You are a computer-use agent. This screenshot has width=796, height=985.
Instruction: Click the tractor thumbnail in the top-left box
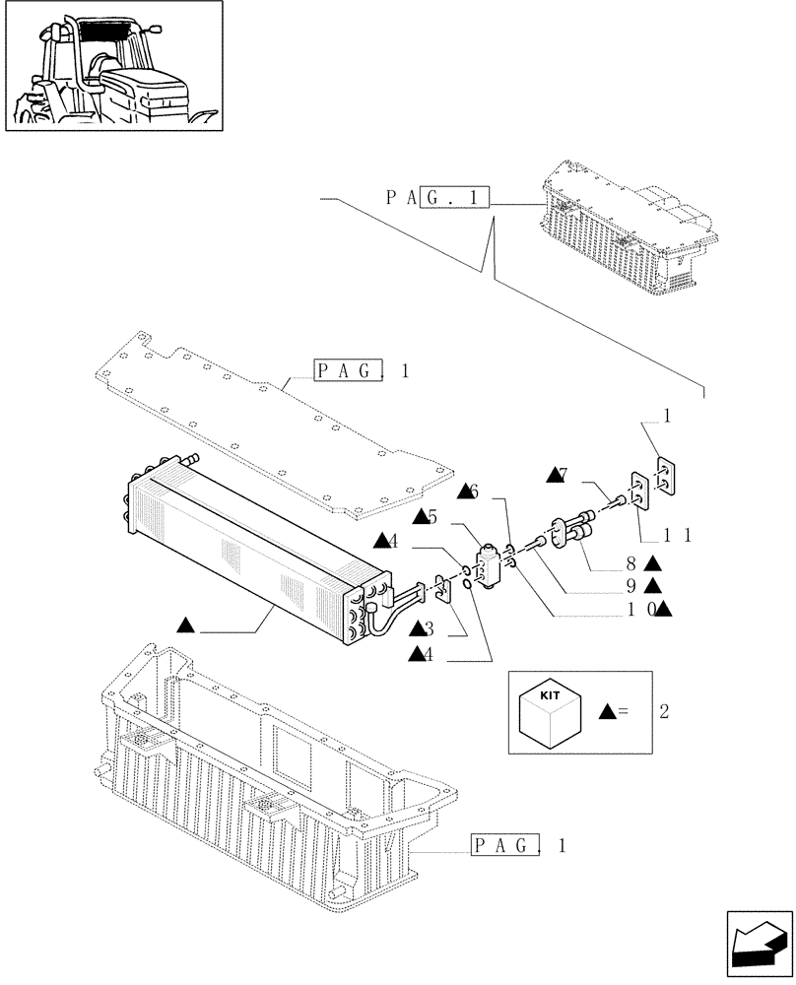(113, 67)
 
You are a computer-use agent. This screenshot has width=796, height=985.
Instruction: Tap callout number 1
(667, 418)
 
